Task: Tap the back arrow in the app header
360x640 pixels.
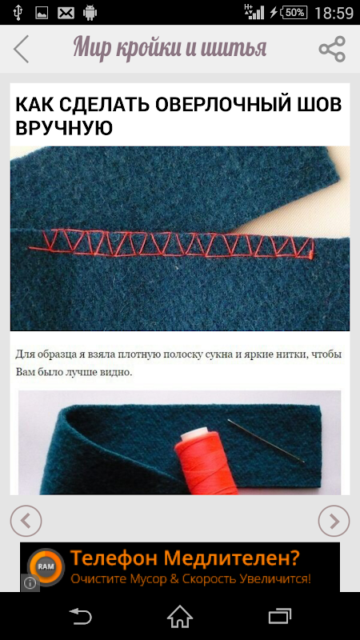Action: (22, 49)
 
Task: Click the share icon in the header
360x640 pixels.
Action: (332, 49)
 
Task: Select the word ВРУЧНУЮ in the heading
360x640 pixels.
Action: (64, 128)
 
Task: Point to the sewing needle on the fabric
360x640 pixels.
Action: (266, 442)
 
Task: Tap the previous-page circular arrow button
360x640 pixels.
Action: (26, 521)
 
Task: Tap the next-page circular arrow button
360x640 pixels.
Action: (334, 521)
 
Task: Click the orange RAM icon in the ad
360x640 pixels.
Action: (46, 567)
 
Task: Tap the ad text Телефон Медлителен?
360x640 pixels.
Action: (185, 558)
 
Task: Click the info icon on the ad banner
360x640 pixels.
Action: (30, 583)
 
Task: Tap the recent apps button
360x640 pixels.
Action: (279, 616)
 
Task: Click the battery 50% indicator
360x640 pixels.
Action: (294, 13)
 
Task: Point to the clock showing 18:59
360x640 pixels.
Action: (334, 13)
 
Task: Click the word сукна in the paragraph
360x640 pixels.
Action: (217, 354)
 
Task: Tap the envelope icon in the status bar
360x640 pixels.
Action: (66, 13)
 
